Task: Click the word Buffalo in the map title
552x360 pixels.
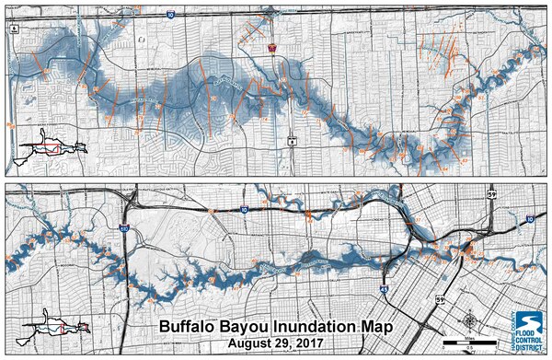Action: point(187,326)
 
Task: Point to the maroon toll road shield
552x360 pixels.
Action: point(272,48)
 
